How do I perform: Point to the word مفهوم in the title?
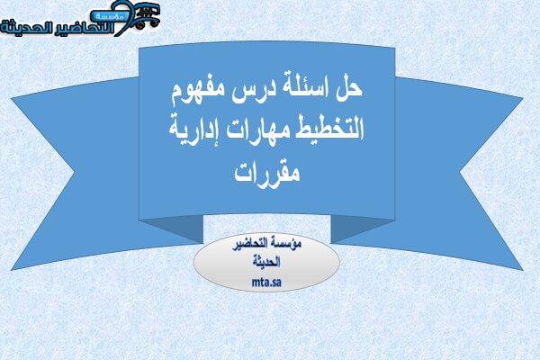click(x=198, y=93)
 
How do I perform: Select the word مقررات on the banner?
click(x=267, y=172)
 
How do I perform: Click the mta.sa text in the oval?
click(x=266, y=283)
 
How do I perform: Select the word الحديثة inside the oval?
click(x=266, y=262)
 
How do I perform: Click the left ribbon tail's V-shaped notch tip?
click(x=75, y=171)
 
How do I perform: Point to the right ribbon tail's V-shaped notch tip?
click(x=460, y=170)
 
